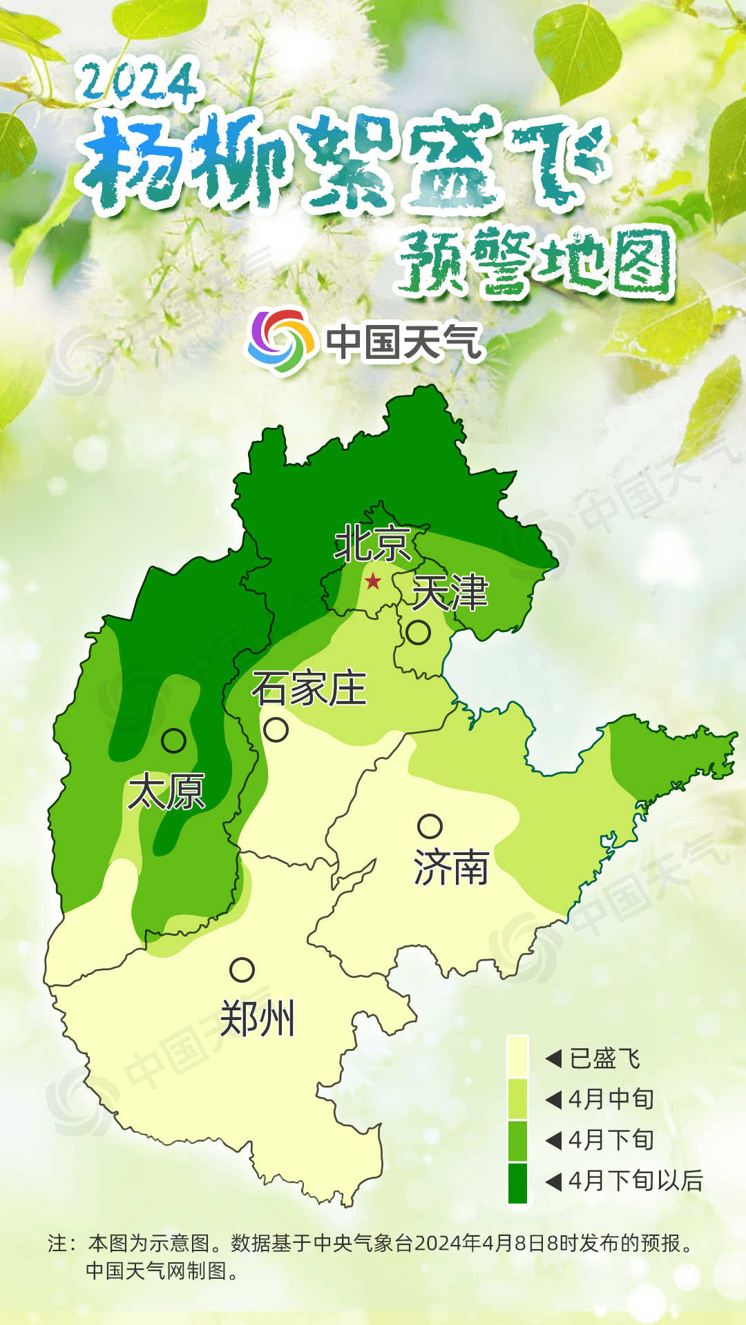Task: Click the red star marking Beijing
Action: (x=373, y=581)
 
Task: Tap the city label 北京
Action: (x=373, y=544)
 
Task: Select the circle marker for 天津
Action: (x=418, y=632)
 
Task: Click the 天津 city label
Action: (x=450, y=593)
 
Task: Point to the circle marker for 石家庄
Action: (x=276, y=729)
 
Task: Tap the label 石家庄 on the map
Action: (x=309, y=689)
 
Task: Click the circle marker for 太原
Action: (x=173, y=740)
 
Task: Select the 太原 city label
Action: (x=166, y=792)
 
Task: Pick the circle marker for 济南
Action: (x=430, y=826)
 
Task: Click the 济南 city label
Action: (x=451, y=867)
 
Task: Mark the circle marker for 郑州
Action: (x=242, y=970)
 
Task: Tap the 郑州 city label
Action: (x=257, y=1019)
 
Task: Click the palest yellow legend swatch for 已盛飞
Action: (x=517, y=1057)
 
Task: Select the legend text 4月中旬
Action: (x=611, y=1099)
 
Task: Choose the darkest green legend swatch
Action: (x=517, y=1183)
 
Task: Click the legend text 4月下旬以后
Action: (x=635, y=1181)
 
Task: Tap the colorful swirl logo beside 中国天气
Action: (x=280, y=340)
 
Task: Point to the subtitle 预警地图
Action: (x=535, y=262)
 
